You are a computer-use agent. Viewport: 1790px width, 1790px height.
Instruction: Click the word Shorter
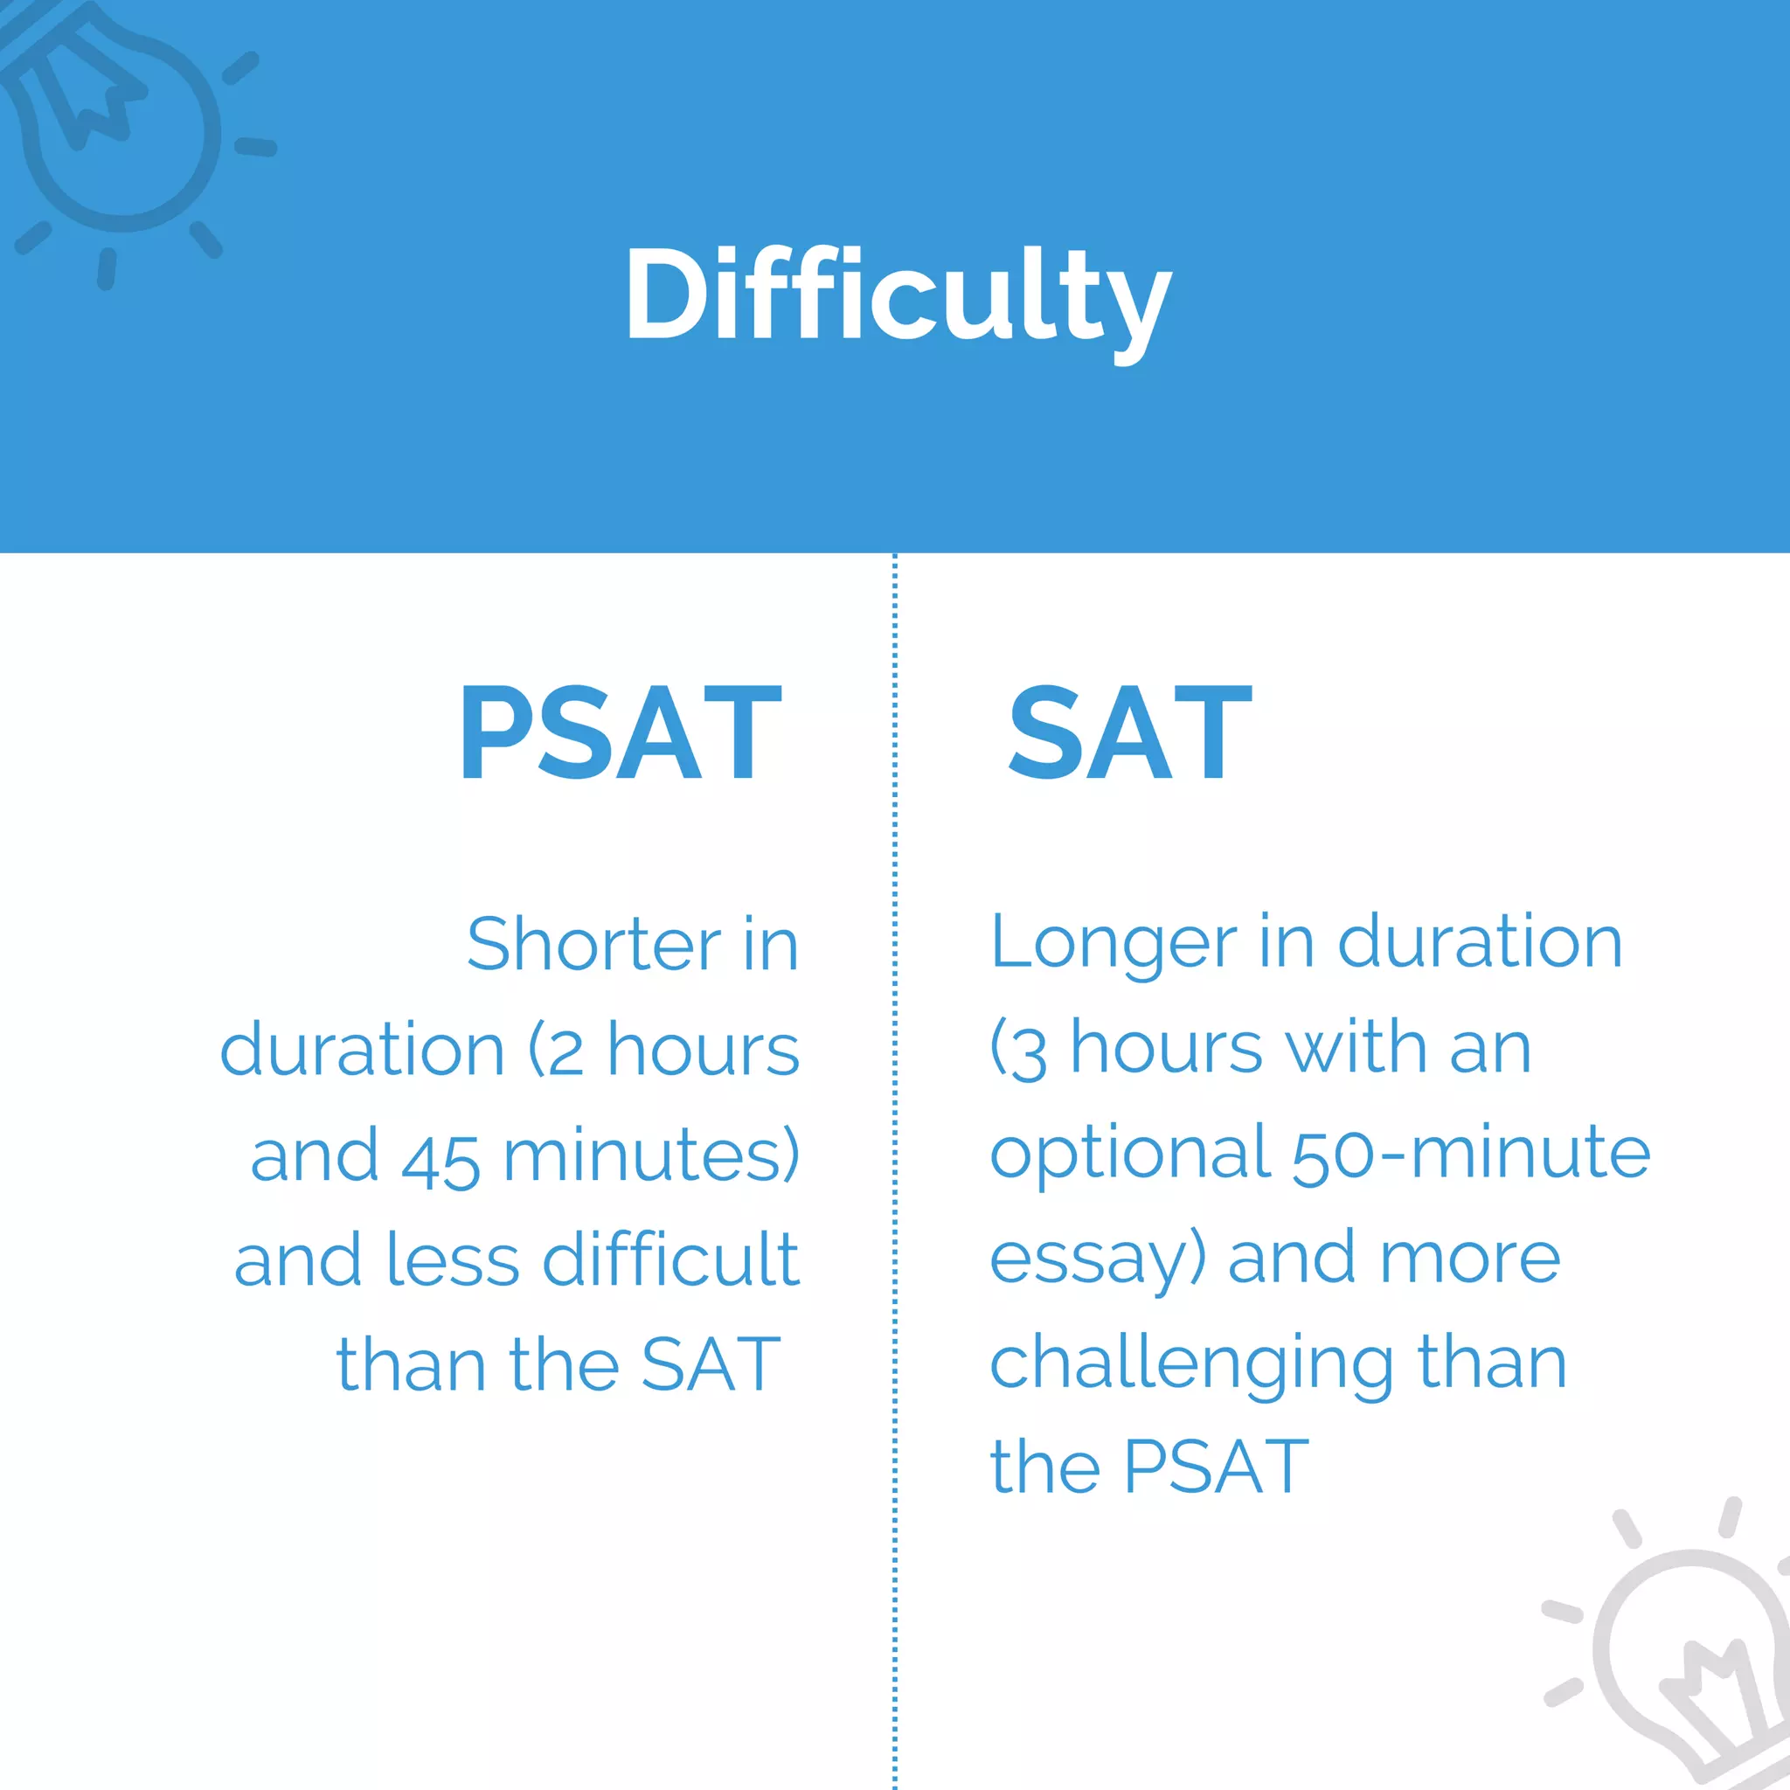coord(593,945)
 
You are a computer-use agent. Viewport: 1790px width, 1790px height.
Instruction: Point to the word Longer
coord(1113,943)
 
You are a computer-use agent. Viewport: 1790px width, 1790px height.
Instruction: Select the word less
coord(452,1261)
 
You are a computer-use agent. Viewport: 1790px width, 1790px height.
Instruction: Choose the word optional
coord(1129,1155)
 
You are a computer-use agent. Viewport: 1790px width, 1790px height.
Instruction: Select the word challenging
coord(1191,1367)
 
